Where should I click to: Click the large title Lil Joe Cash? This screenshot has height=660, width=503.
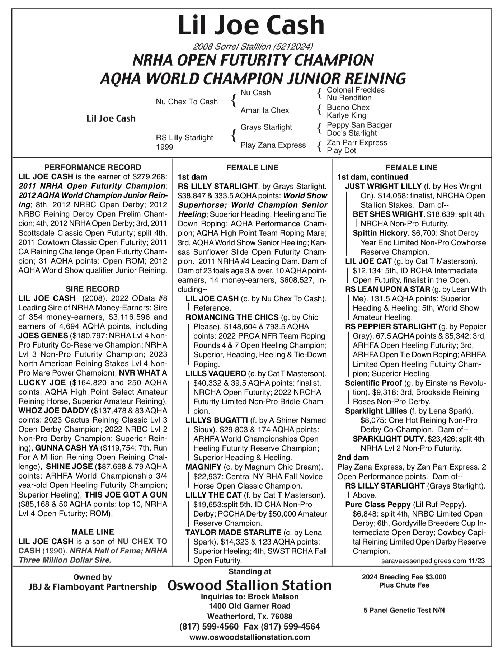pyautogui.click(x=251, y=25)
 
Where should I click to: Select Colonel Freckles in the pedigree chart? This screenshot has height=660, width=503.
pyautogui.click(x=355, y=90)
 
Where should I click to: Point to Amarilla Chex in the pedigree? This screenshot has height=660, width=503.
pyautogui.click(x=264, y=110)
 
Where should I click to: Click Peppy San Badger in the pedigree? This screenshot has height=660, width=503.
pyautogui.click(x=359, y=125)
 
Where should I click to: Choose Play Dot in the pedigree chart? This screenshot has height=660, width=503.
pyautogui.click(x=341, y=151)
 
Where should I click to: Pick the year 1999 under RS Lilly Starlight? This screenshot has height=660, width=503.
pyautogui.click(x=164, y=147)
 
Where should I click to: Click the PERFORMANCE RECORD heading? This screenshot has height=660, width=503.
pyautogui.click(x=93, y=167)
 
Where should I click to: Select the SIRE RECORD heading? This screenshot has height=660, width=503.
pyautogui.click(x=93, y=289)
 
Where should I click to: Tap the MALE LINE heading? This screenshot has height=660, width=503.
pyautogui.click(x=93, y=532)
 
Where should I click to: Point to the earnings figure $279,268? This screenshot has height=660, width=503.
pyautogui.click(x=150, y=177)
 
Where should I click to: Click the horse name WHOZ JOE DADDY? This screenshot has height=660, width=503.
pyautogui.click(x=54, y=410)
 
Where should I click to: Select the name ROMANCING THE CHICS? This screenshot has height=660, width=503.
pyautogui.click(x=232, y=317)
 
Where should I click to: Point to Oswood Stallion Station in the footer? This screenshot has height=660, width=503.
pyautogui.click(x=249, y=585)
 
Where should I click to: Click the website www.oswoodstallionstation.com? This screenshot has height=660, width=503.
pyautogui.click(x=249, y=637)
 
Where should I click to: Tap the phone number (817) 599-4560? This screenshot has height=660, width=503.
pyautogui.click(x=208, y=626)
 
